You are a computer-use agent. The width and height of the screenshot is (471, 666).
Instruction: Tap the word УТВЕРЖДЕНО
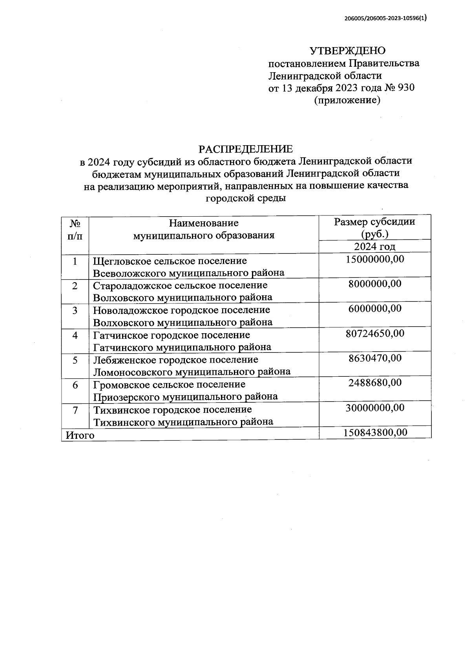click(x=348, y=51)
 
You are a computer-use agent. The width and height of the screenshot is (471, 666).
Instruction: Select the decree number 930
click(x=406, y=88)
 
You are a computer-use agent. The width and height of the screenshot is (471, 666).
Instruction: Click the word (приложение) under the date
click(x=347, y=100)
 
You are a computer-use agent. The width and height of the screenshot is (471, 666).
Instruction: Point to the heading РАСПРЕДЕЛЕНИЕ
click(x=246, y=149)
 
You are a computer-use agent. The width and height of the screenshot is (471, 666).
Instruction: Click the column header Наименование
click(x=204, y=223)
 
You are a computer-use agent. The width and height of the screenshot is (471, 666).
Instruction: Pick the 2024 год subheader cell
click(x=374, y=246)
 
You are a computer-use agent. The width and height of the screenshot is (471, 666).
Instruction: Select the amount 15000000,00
click(x=375, y=259)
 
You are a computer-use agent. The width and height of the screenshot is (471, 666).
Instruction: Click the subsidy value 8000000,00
click(x=375, y=284)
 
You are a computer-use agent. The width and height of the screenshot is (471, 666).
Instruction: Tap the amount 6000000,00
click(x=375, y=308)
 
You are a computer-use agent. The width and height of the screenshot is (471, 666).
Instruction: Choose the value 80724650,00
click(x=375, y=334)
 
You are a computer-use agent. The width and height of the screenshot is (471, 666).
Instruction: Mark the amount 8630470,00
click(x=375, y=358)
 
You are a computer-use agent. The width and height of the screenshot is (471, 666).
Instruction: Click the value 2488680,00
click(x=375, y=383)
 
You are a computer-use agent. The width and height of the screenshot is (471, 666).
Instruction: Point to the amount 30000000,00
click(x=375, y=408)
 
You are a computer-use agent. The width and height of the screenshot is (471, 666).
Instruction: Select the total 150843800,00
click(x=375, y=432)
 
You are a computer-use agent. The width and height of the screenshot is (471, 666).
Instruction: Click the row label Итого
click(x=80, y=435)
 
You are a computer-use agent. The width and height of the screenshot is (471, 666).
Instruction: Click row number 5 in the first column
click(x=75, y=360)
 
